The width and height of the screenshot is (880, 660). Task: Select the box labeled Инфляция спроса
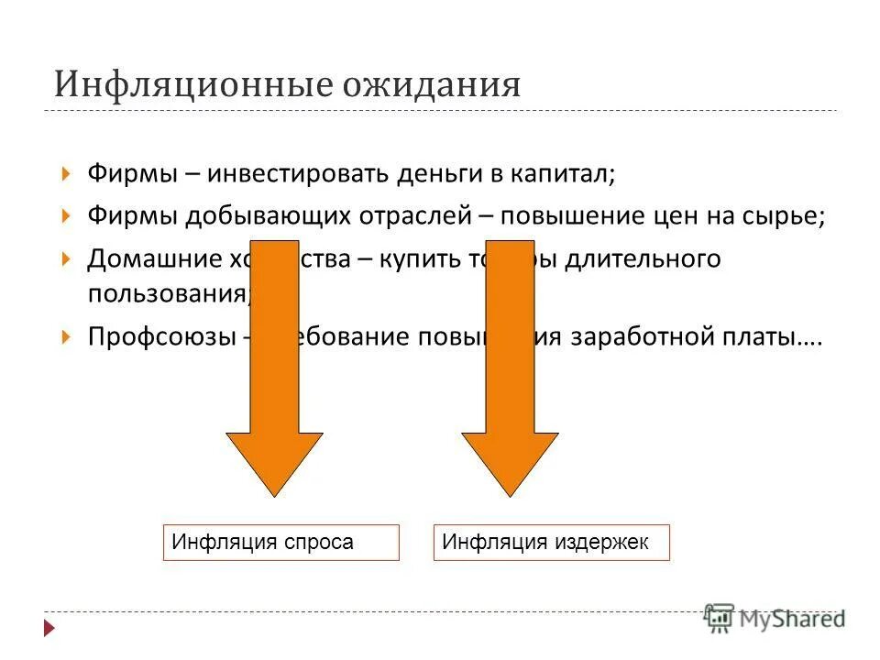tap(280, 542)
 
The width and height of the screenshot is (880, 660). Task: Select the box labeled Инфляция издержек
tap(551, 542)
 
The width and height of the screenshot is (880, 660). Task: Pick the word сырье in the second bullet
tap(786, 216)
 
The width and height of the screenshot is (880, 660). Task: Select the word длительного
tap(643, 259)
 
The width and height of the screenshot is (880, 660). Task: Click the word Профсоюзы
tap(162, 335)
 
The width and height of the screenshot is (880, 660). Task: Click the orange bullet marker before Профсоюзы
tap(65, 336)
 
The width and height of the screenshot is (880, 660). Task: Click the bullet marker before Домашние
tap(65, 260)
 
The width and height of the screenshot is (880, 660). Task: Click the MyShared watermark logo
tap(775, 618)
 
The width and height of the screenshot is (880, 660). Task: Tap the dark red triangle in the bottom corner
tap(50, 629)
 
